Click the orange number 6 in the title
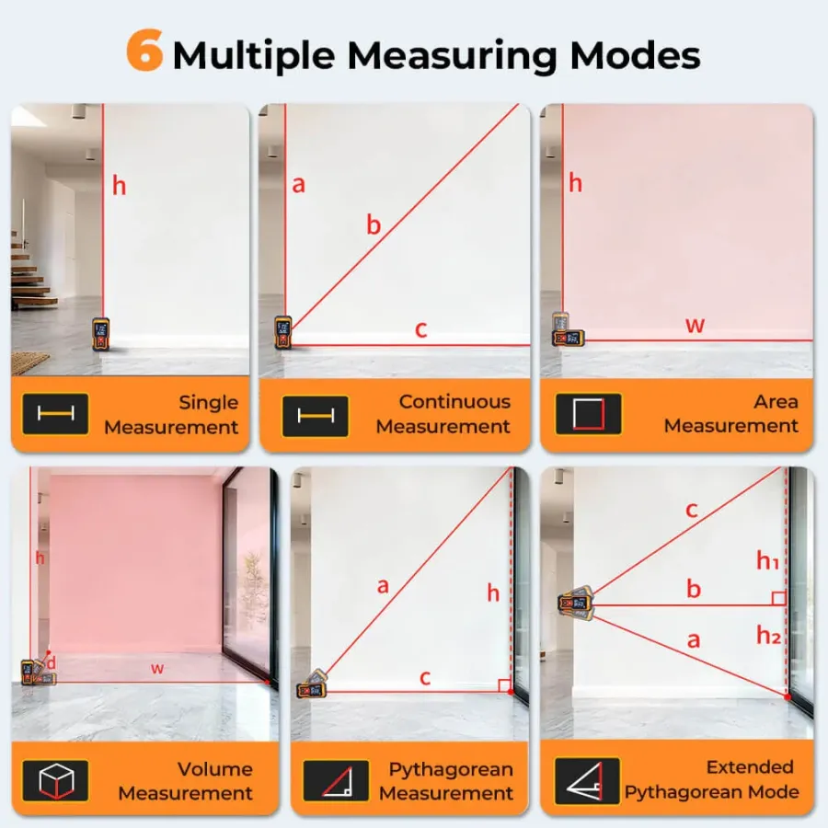(x=144, y=51)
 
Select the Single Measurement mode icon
(x=55, y=414)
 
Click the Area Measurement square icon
(x=588, y=414)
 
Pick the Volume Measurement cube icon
(x=55, y=780)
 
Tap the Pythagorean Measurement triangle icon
(x=337, y=780)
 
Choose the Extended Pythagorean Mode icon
(x=587, y=780)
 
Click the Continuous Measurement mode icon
(x=316, y=416)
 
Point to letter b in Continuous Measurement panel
(x=374, y=225)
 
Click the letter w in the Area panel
(x=695, y=325)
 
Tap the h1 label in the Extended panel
(x=768, y=560)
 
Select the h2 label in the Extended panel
(x=768, y=635)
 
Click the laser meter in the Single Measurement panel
(x=101, y=334)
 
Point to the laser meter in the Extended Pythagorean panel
(x=576, y=603)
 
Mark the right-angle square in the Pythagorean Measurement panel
(x=504, y=685)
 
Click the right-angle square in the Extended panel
(x=779, y=598)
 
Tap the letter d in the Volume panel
(x=52, y=662)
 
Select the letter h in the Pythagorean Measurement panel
(x=493, y=593)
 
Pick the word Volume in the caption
(x=215, y=769)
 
